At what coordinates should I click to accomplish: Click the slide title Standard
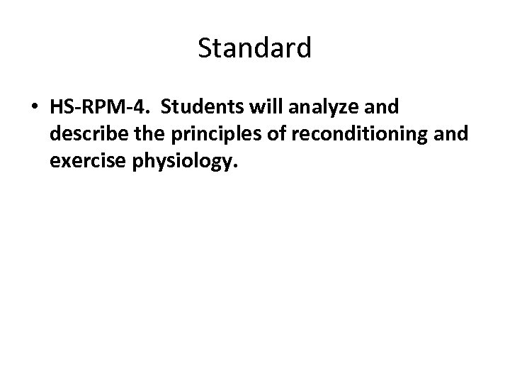tap(254, 48)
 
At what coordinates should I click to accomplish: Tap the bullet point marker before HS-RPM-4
tap(33, 109)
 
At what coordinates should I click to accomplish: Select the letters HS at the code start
tap(61, 107)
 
